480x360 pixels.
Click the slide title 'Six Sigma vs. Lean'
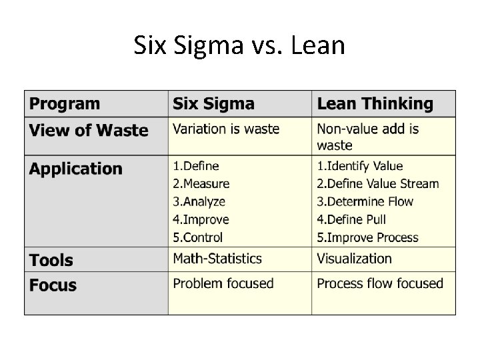(239, 46)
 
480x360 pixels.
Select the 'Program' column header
(65, 104)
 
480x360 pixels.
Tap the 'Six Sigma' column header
(213, 104)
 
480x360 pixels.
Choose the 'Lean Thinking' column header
(375, 104)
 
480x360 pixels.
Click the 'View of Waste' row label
(89, 130)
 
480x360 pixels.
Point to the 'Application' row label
(76, 169)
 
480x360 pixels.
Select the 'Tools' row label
(51, 260)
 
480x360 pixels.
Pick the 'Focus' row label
(53, 285)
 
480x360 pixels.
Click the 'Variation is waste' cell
(226, 129)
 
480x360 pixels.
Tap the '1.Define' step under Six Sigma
(196, 165)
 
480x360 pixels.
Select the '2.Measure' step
(201, 183)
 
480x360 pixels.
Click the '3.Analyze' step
(199, 201)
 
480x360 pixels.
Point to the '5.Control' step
(198, 237)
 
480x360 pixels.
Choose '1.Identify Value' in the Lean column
(360, 165)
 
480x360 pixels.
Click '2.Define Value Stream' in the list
(378, 183)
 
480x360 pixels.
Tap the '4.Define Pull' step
(351, 219)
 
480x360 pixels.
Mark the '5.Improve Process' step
(368, 237)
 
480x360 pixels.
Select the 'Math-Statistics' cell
(217, 259)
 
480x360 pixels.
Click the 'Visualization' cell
(354, 259)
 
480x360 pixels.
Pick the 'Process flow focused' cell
(380, 283)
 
